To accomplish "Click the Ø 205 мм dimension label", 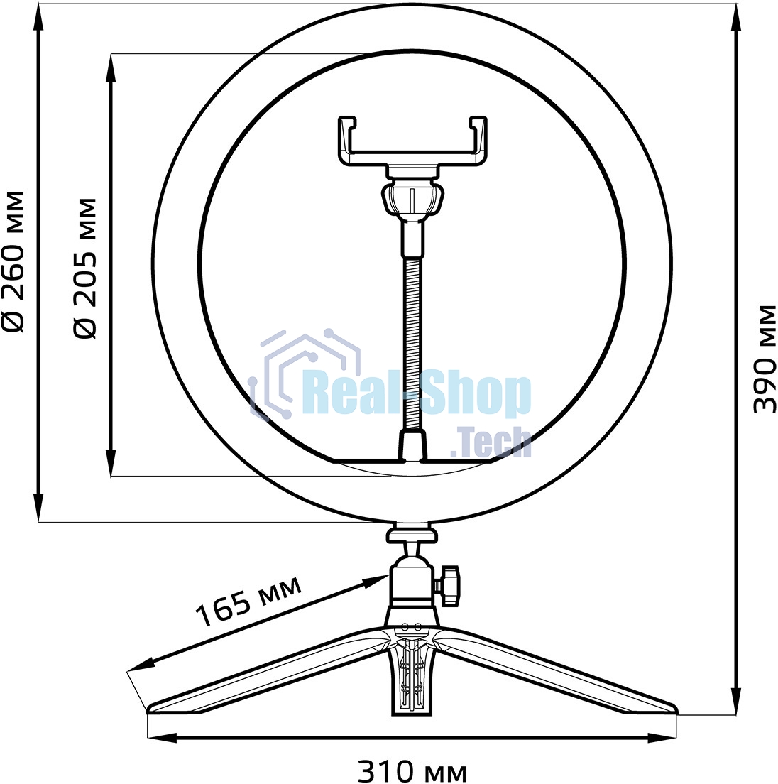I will coord(85,268).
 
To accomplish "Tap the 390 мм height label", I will coord(765,358).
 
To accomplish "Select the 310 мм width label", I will coord(412,771).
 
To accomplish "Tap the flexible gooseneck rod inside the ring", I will coord(412,341).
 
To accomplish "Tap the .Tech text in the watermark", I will coord(491,442).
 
